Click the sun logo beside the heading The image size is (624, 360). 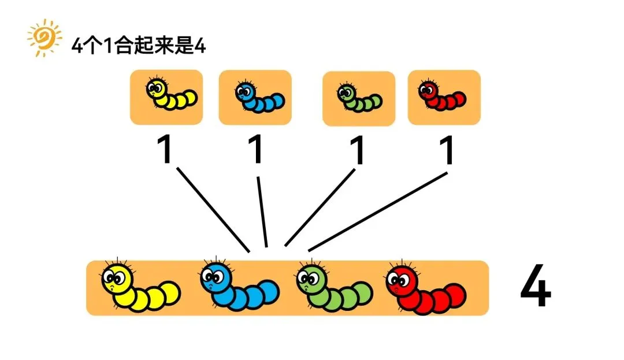44,38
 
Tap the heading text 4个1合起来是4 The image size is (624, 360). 138,46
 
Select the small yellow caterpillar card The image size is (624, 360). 166,97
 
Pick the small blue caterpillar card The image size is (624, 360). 255,97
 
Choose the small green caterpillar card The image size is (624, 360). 358,98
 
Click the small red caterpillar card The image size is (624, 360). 444,97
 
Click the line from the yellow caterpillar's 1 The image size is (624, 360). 213,210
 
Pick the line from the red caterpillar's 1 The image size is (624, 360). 378,211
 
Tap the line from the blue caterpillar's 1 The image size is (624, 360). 262,211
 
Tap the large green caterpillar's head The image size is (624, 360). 311,279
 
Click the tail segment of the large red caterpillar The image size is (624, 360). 455,295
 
